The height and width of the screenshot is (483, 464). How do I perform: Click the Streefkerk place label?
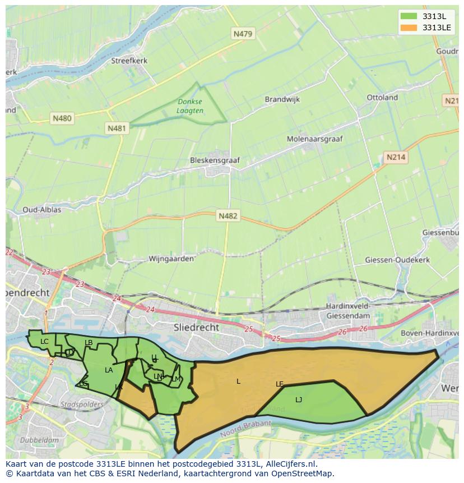[x=129, y=61]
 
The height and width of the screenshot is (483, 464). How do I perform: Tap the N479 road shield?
[x=243, y=34]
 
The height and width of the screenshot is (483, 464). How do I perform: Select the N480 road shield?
[x=62, y=118]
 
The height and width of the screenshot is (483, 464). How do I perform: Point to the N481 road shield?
[x=117, y=128]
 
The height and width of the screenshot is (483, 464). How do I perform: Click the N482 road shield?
[x=228, y=216]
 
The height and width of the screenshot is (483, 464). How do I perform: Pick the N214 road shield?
[x=396, y=158]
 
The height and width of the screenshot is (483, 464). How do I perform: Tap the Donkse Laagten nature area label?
[x=190, y=107]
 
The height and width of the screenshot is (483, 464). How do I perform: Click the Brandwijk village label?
[x=282, y=99]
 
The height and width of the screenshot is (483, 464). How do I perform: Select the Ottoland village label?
[x=382, y=98]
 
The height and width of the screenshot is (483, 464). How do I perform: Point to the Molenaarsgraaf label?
[x=314, y=139]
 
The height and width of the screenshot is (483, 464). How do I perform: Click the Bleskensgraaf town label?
[x=215, y=160]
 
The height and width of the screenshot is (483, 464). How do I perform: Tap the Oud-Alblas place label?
[x=42, y=210]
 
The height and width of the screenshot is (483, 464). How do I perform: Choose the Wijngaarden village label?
[x=171, y=259]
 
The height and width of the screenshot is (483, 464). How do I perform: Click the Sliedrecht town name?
[x=197, y=327]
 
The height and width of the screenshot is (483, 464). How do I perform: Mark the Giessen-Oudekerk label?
[x=397, y=260]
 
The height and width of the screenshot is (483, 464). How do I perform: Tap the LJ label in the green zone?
[x=299, y=400]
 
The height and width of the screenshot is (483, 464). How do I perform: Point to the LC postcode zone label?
[x=45, y=342]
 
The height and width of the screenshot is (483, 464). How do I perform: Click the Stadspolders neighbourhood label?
[x=82, y=404]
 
